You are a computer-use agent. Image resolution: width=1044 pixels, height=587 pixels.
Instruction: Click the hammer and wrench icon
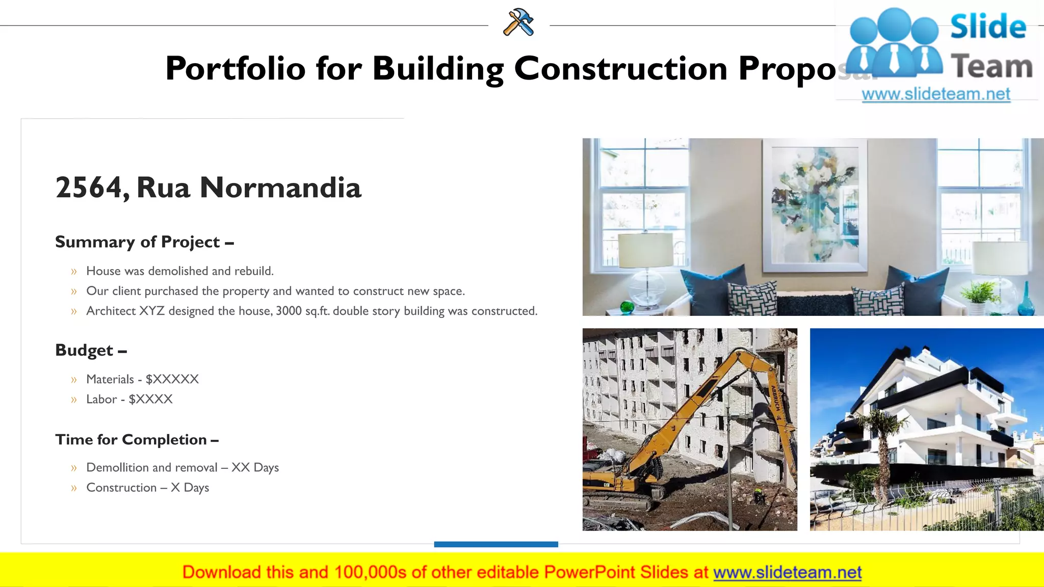pos(518,22)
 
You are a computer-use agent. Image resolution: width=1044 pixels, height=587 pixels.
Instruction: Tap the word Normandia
pos(280,188)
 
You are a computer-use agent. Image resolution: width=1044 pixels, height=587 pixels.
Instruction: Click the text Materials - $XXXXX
pos(142,379)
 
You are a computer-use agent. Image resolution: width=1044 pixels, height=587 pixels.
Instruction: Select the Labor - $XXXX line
pos(129,399)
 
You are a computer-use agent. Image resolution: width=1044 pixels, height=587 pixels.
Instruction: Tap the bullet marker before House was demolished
pos(74,272)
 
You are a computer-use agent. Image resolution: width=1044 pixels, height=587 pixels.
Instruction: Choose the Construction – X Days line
pos(147,488)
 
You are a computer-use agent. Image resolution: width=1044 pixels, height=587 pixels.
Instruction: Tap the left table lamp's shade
pos(646,250)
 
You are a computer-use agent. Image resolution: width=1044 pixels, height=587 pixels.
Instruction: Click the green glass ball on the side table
pos(627,307)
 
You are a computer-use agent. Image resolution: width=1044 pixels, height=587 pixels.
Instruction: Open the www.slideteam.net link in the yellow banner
pos(787,572)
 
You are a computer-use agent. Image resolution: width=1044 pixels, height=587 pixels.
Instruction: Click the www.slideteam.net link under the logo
pos(935,94)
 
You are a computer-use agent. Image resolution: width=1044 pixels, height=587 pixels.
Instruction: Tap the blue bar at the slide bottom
pos(496,544)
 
